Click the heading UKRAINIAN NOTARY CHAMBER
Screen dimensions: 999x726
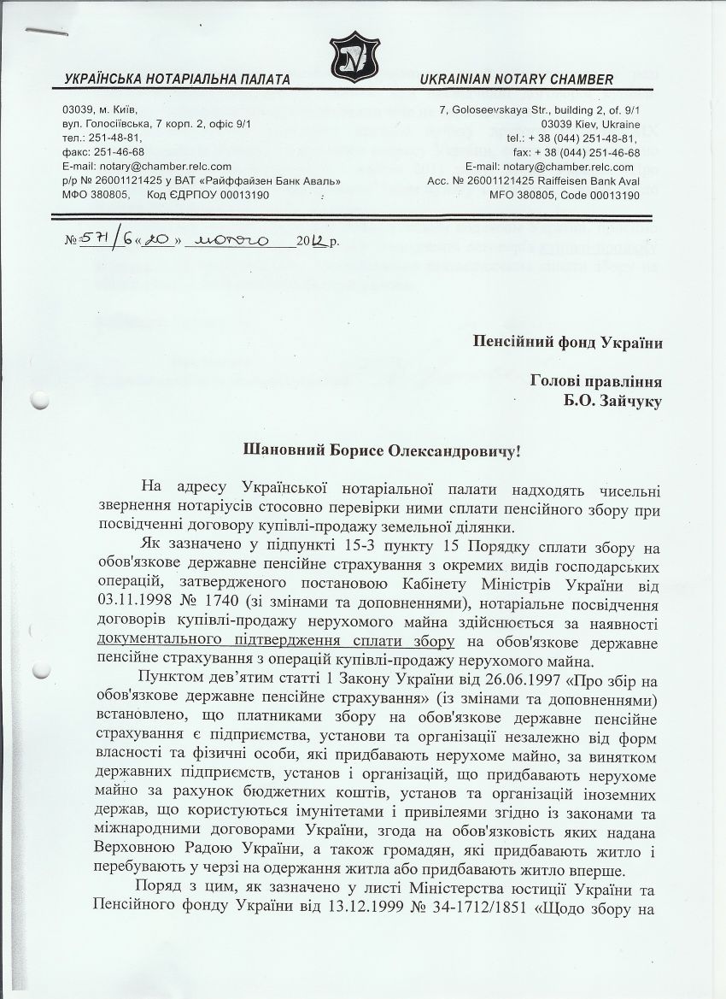(516, 79)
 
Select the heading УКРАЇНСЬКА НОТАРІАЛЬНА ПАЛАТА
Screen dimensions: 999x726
(177, 79)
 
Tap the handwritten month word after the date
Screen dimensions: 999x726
(232, 238)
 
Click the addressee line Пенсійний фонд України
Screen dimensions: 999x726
(569, 342)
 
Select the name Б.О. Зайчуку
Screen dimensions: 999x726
(618, 398)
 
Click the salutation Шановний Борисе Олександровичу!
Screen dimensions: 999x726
(370, 449)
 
